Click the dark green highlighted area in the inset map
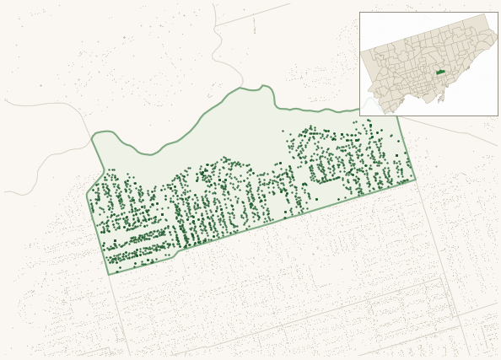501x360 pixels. click(440, 73)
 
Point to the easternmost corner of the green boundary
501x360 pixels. click(416, 179)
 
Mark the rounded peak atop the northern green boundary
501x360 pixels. click(265, 86)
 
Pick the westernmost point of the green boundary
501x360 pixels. click(87, 197)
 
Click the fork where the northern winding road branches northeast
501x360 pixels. click(217, 25)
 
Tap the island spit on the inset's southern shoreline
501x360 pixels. click(439, 98)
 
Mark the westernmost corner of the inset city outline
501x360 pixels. click(361, 52)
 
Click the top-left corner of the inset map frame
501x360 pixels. click(360, 13)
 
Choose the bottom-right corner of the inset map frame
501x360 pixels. click(497, 116)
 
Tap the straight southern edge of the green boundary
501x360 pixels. click(295, 215)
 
